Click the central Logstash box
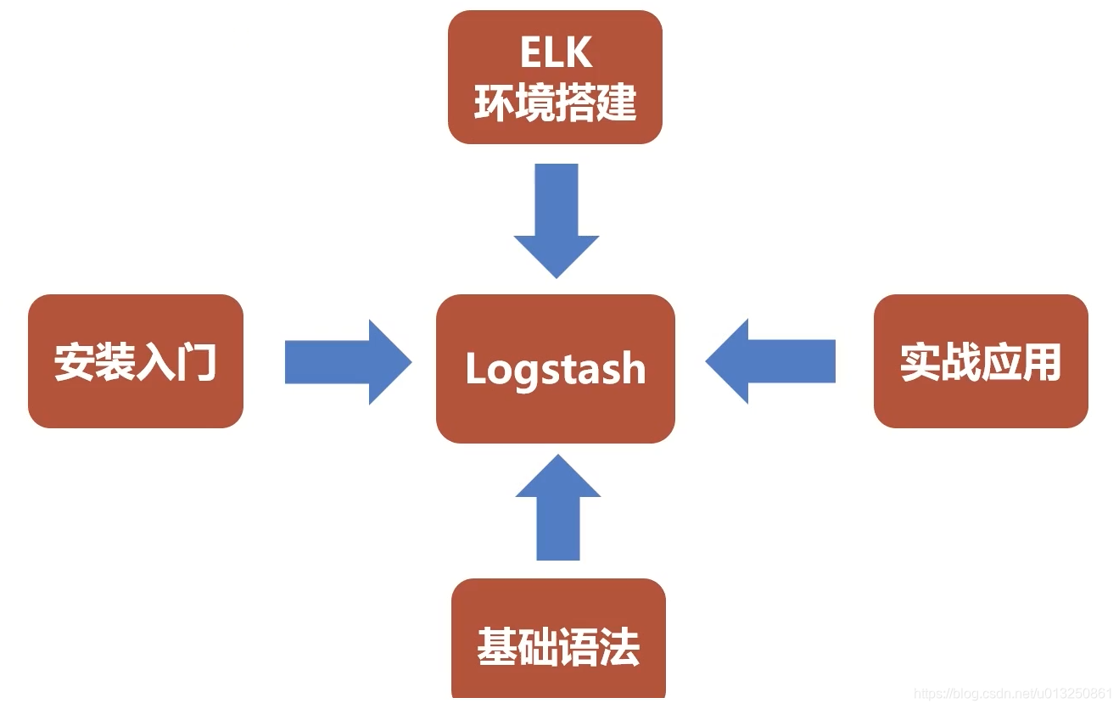(x=556, y=369)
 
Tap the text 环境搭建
(x=556, y=103)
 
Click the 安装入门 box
(x=136, y=361)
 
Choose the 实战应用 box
(x=981, y=361)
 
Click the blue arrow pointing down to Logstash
(x=557, y=219)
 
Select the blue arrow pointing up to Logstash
(x=557, y=509)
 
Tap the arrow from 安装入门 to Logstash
(x=348, y=362)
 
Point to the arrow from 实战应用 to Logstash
(x=769, y=362)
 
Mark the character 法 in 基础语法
(x=619, y=646)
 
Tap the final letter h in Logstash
(x=632, y=369)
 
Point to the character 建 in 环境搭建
(x=617, y=103)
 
